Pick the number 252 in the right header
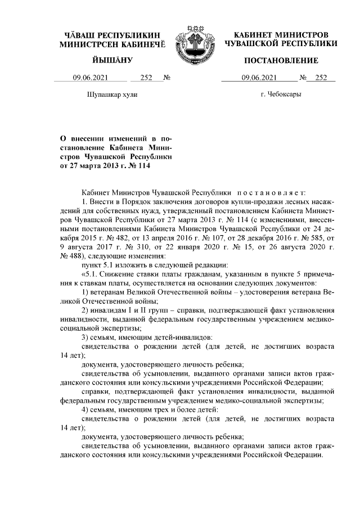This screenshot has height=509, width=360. pyautogui.click(x=321, y=79)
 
